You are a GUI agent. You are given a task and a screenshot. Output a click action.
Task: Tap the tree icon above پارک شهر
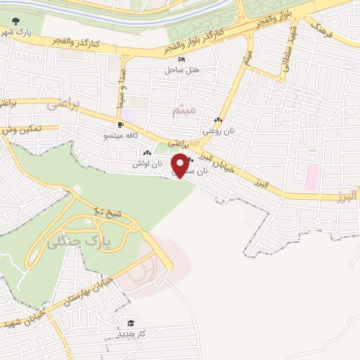click(x=16, y=22)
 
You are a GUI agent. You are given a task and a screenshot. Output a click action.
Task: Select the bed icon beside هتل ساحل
click(x=182, y=59)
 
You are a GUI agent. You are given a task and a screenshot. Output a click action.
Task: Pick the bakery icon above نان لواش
click(x=147, y=153)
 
